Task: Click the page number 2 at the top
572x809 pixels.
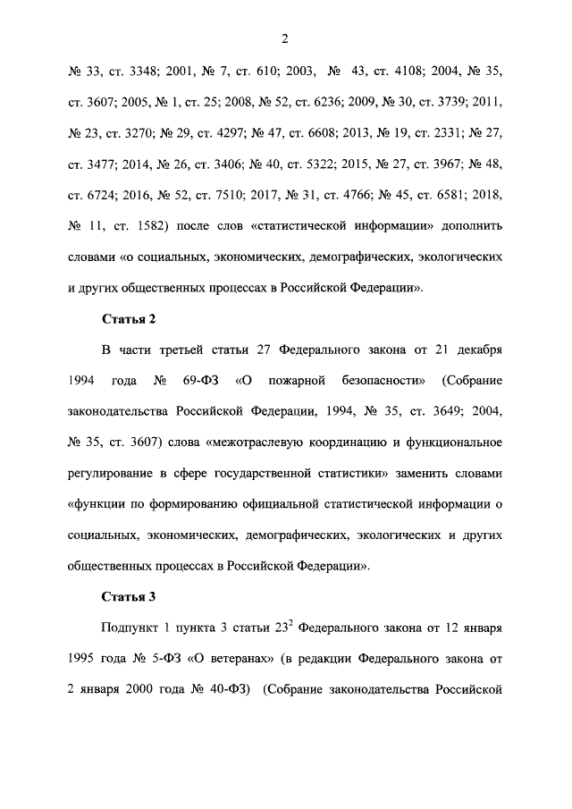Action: (285, 38)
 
